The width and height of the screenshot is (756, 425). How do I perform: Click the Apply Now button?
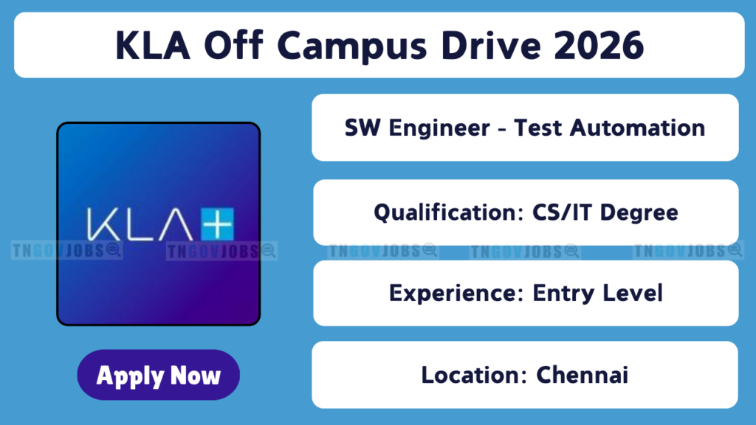158,374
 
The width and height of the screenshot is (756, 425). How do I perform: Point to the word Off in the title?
233,45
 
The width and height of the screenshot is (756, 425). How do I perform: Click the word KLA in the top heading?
152,46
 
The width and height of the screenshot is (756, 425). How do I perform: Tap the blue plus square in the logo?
218,224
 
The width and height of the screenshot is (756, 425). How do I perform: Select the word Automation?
637,128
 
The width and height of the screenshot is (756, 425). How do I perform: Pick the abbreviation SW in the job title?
362,128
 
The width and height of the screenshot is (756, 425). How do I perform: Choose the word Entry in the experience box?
561,294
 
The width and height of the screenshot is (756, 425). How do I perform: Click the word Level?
630,293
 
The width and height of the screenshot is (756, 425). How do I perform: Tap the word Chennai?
582,375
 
